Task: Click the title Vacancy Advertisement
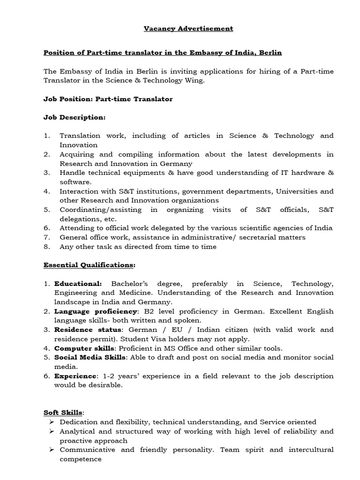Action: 188,29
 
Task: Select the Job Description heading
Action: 75,117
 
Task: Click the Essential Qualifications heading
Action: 89,265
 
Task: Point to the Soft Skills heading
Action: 63,412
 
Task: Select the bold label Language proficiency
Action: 96,311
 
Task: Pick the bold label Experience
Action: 75,376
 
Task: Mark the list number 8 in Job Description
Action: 46,247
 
